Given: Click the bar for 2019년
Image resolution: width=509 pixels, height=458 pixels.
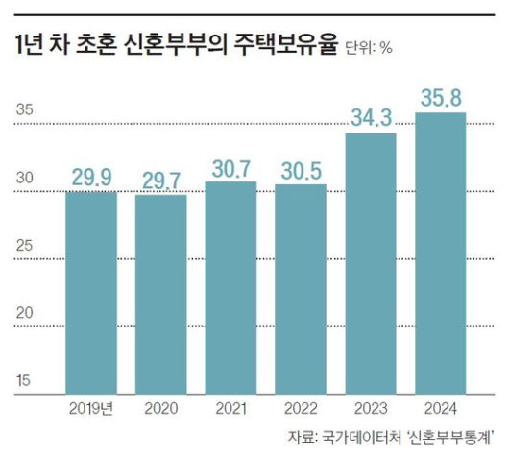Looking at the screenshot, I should point(91,293).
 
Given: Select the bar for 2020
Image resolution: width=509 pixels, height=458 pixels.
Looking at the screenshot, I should point(160,294).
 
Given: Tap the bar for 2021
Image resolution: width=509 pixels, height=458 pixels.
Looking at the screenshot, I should point(230,287).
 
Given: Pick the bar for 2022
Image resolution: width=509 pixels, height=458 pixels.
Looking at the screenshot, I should point(301,288).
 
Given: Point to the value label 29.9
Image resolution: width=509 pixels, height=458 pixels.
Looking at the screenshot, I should point(91,177).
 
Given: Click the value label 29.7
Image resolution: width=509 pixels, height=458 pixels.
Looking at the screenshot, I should point(160,179).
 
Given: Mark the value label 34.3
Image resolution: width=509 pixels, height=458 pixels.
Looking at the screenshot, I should point(371,117).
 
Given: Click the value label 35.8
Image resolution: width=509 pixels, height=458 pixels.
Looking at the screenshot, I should point(440,97).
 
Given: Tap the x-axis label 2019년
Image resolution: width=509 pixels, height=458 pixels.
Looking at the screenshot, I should point(91,408).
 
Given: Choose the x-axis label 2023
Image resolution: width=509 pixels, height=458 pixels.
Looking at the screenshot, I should point(371,408).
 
